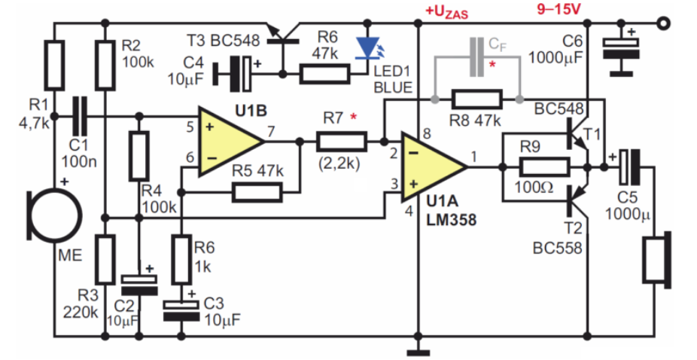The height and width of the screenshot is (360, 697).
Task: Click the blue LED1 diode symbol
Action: (368, 48)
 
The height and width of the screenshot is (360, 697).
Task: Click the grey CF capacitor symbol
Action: (477, 56)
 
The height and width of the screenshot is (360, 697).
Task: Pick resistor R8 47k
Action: (477, 99)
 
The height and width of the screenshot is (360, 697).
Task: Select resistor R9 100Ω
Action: (544, 167)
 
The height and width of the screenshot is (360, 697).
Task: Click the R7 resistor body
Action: (342, 142)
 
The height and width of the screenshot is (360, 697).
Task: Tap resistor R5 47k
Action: (257, 192)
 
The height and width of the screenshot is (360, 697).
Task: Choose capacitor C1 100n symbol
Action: (80, 117)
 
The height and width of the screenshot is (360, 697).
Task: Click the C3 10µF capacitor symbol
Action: (181, 310)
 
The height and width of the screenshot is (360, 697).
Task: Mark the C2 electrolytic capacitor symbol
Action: (139, 285)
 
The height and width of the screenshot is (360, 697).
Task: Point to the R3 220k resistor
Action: (105, 259)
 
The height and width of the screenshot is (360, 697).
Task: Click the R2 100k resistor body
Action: (105, 65)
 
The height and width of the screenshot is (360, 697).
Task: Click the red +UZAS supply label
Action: (447, 12)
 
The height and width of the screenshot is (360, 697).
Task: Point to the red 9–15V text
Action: (559, 9)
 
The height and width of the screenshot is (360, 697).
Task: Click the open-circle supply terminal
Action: (663, 23)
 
